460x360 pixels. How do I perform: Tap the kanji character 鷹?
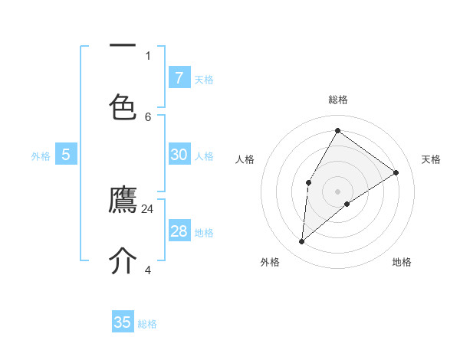123,201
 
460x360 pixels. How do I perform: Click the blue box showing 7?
179,77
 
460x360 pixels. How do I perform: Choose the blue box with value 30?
179,155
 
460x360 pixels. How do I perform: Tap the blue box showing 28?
179,231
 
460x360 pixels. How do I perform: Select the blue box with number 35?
123,322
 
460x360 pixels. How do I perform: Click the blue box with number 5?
66,155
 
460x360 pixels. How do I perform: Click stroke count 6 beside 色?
148,116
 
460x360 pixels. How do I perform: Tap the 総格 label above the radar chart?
338,100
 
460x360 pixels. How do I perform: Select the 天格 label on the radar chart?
431,159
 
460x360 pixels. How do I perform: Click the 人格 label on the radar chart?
245,159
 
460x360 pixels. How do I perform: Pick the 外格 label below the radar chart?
270,262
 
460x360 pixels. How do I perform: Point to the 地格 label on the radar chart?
402,262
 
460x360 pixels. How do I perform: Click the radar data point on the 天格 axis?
396,172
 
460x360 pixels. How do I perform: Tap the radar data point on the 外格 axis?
302,242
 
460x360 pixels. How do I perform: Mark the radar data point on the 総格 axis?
337,130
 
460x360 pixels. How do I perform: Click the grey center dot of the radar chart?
337,191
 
